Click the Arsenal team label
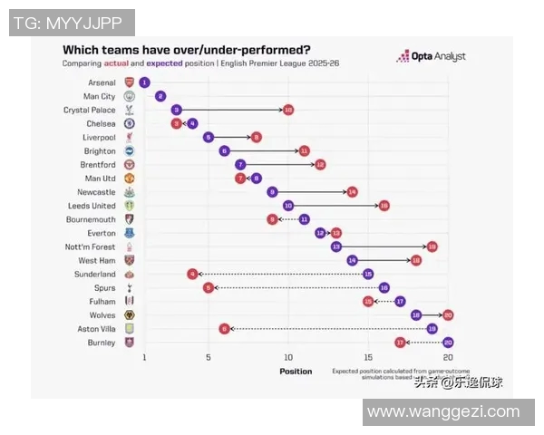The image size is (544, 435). [x=102, y=82]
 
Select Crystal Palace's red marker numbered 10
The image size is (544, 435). [x=287, y=110]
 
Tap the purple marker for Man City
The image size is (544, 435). [x=160, y=96]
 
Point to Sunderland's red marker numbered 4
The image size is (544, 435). [x=192, y=274]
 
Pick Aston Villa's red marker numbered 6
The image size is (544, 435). [x=224, y=329]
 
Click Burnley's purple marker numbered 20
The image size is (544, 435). [x=448, y=343]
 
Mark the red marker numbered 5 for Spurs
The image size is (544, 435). [x=209, y=287]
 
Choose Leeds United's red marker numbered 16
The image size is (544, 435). [x=384, y=206]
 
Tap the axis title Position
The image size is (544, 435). [x=296, y=372]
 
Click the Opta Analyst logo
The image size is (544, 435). [x=432, y=56]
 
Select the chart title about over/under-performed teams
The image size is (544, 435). [x=185, y=50]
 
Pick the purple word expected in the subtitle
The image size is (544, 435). [x=164, y=64]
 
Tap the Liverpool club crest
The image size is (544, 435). [x=130, y=137]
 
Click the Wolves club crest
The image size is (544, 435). [x=130, y=315]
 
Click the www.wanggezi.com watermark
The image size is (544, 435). [x=444, y=412]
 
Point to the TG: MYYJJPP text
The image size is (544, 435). [x=72, y=23]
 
